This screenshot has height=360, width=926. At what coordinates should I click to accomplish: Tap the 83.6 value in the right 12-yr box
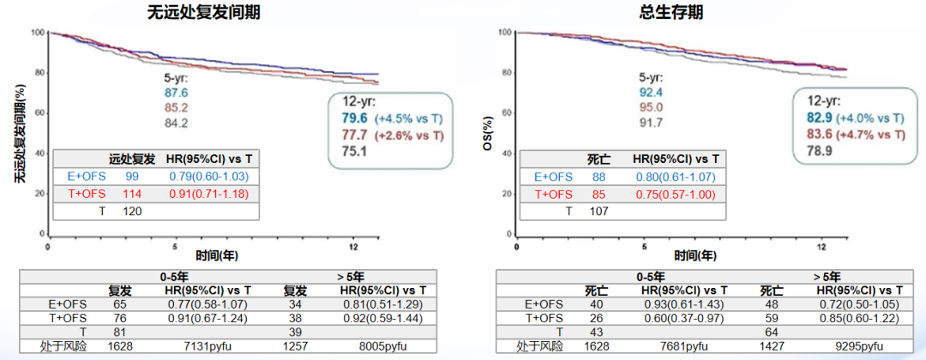click(818, 135)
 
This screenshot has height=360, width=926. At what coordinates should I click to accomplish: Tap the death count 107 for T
click(600, 211)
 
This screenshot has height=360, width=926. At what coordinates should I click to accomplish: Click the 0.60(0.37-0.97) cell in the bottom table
click(678, 318)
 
